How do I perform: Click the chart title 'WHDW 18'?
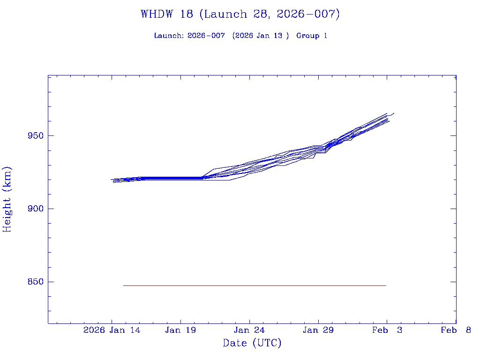click(x=166, y=14)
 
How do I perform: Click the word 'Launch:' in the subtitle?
click(x=169, y=36)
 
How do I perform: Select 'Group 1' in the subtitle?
click(x=311, y=36)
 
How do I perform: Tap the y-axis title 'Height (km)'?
click(x=7, y=199)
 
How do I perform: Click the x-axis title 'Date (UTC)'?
click(x=252, y=343)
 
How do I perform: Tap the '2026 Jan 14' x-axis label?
click(x=112, y=330)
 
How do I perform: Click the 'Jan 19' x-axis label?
click(x=180, y=330)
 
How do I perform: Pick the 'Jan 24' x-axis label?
click(x=249, y=330)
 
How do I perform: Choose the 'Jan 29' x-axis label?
click(x=318, y=330)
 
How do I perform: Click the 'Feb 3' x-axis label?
click(x=387, y=330)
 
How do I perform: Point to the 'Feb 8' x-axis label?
click(x=456, y=330)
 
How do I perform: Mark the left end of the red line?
click(x=124, y=285)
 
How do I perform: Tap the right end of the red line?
click(x=386, y=285)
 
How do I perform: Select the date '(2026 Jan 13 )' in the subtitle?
click(x=261, y=36)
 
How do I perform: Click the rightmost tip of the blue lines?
click(x=394, y=113)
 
